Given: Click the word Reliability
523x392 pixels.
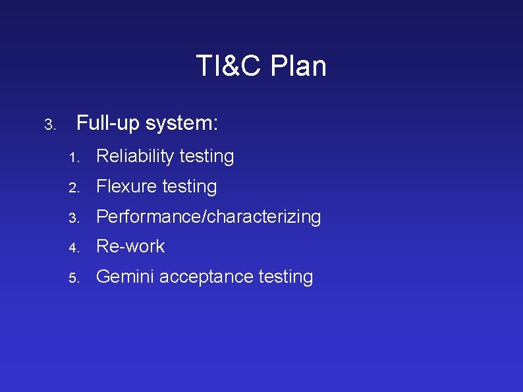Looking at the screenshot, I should click(135, 157).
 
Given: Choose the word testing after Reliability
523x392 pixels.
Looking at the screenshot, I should click(207, 157).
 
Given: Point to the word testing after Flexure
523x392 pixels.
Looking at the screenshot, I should click(190, 187).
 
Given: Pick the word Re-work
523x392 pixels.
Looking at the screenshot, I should click(130, 246).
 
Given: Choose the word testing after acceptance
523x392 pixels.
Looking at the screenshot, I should click(286, 277).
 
